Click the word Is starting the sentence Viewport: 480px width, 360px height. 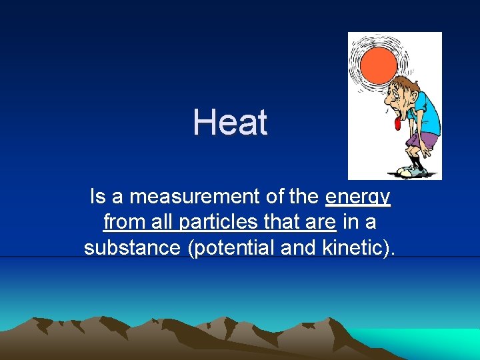coord(97,197)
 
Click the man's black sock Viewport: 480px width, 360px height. coord(415,161)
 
